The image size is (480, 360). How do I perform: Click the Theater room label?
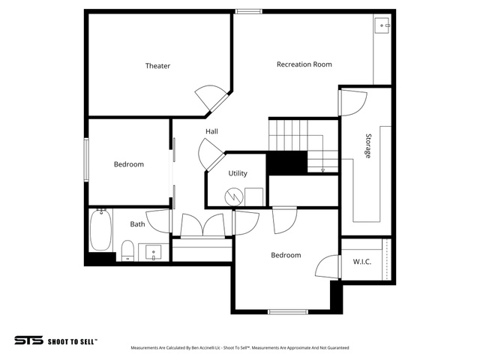[157, 66]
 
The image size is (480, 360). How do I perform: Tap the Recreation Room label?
[304, 64]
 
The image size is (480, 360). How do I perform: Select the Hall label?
[211, 131]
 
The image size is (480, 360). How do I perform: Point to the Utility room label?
[238, 173]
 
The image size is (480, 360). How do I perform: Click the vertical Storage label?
[368, 145]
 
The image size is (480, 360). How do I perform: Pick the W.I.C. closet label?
[362, 262]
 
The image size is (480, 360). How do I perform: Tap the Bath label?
[137, 224]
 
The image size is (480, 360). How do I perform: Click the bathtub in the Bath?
[100, 230]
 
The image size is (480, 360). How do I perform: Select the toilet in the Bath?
[127, 250]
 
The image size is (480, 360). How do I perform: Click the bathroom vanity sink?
[154, 253]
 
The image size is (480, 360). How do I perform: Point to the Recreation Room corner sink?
[382, 25]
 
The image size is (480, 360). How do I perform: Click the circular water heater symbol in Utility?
[234, 196]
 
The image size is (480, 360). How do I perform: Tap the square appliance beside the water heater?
[253, 197]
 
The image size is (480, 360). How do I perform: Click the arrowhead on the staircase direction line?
[322, 170]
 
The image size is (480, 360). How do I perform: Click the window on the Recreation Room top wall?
[248, 12]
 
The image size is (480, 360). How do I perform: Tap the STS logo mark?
[28, 340]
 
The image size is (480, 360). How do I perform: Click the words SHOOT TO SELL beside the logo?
[73, 341]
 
